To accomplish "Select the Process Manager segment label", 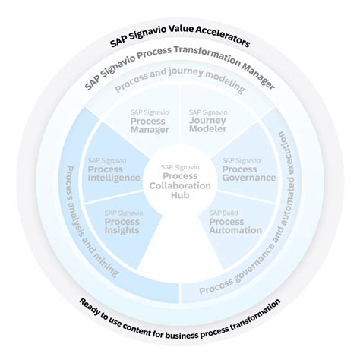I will (x=150, y=125).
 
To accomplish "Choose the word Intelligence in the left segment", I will (x=114, y=178).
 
